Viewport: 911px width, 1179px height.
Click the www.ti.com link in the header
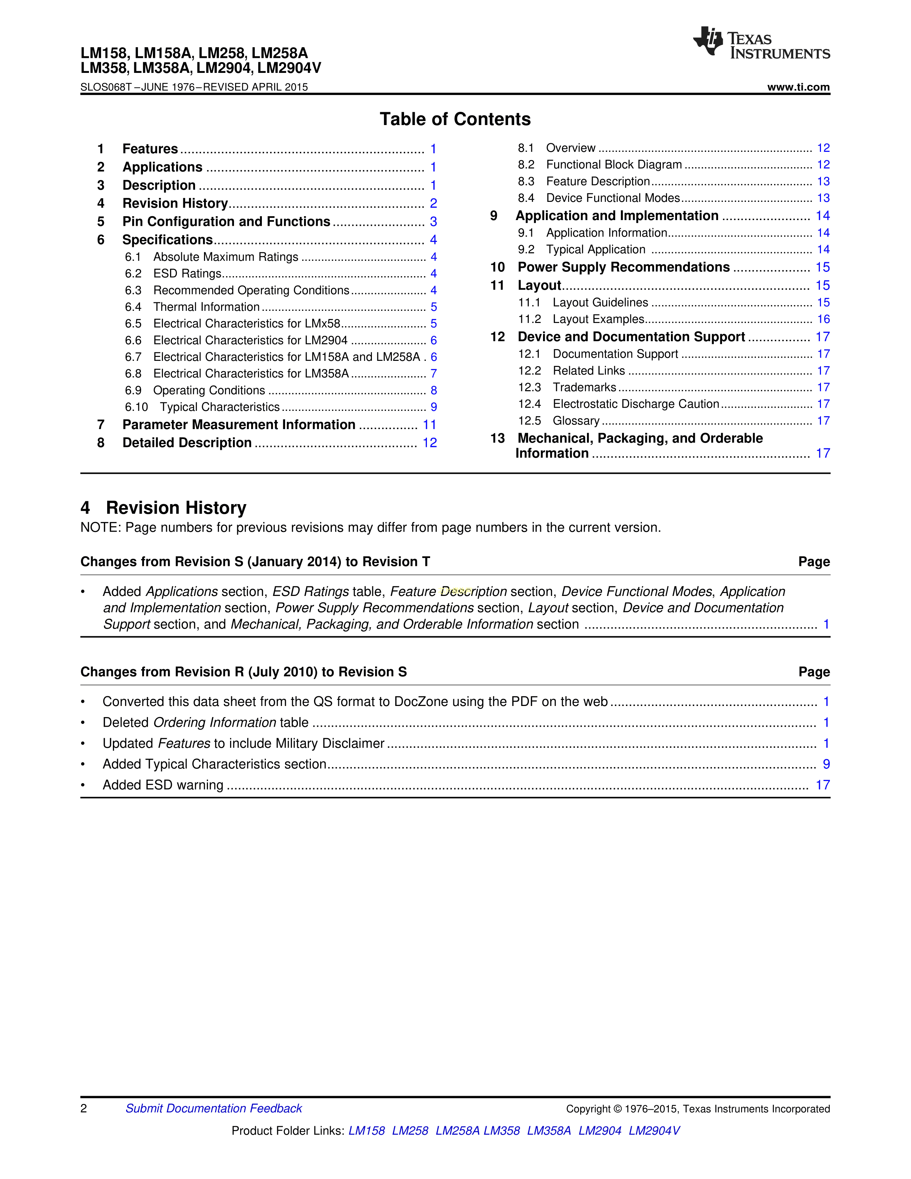pos(798,87)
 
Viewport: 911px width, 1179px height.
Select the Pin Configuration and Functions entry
pos(226,222)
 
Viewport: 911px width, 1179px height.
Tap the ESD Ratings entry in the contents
pos(187,274)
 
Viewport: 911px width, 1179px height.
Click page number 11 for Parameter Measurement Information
pos(429,425)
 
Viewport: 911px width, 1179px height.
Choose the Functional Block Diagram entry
pos(614,165)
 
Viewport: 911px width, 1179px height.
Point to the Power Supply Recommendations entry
pos(623,267)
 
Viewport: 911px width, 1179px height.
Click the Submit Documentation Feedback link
pos(214,1108)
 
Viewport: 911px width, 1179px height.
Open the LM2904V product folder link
pos(654,1130)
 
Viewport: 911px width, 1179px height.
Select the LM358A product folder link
pos(549,1130)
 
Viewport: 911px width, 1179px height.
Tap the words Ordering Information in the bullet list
pos(215,722)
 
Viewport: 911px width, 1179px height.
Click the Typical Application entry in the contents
pos(595,249)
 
